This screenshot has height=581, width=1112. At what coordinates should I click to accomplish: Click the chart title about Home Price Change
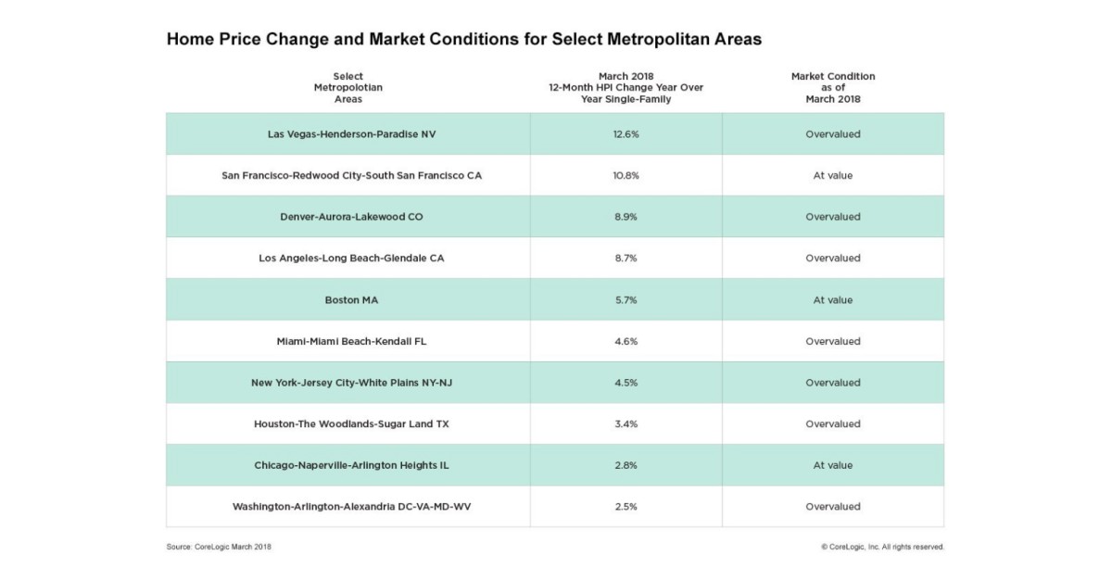tap(463, 40)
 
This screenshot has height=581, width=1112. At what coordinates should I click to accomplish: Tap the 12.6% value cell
tap(625, 134)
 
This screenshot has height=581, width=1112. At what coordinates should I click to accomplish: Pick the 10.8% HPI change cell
tap(625, 175)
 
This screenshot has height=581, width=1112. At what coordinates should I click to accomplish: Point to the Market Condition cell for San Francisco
tap(832, 175)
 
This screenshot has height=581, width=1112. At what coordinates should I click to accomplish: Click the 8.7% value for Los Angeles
tap(625, 259)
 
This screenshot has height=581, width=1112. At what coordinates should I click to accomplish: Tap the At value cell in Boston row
tap(832, 300)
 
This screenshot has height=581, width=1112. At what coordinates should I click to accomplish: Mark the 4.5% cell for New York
tap(625, 383)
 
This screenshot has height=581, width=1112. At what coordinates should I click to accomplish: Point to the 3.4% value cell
tap(625, 424)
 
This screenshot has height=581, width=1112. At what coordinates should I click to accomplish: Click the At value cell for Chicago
tap(832, 465)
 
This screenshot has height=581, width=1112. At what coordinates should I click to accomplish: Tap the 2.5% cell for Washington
tap(625, 507)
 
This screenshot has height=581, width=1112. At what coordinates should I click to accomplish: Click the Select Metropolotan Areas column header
tap(347, 87)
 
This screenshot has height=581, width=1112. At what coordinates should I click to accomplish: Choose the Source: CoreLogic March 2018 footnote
tap(219, 547)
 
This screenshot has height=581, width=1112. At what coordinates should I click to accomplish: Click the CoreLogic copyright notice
tap(882, 547)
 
